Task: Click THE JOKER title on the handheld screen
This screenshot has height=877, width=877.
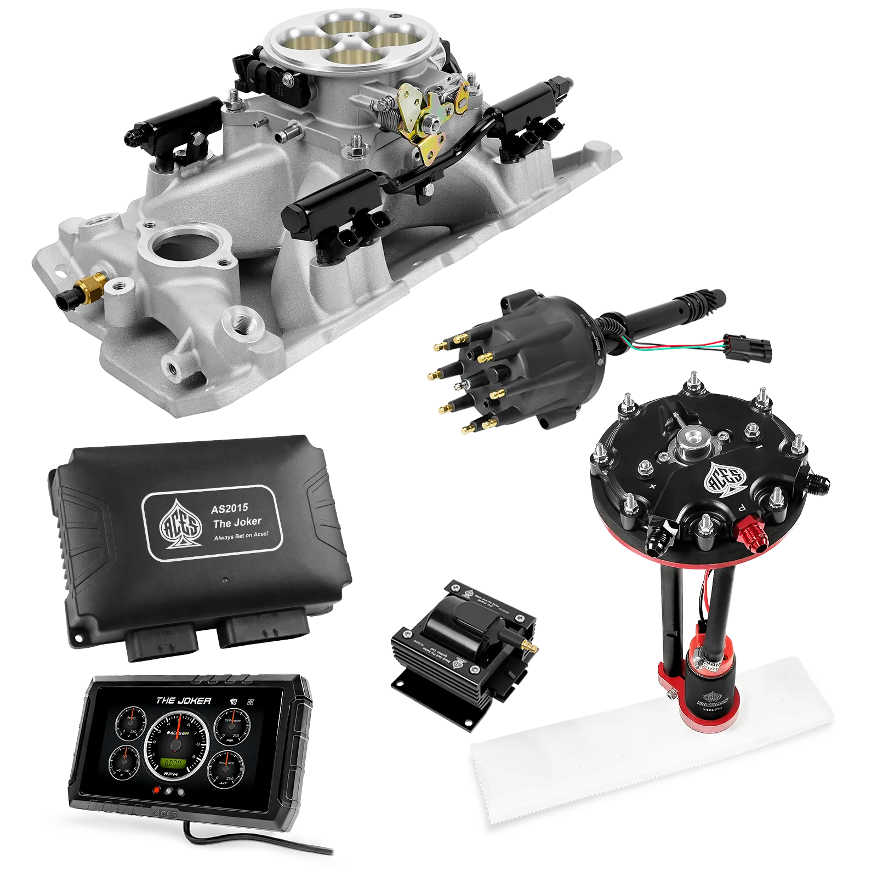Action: coord(183,701)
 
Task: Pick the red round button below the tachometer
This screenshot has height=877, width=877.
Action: coord(157,791)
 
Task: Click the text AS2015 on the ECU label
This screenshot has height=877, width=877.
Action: coord(229,509)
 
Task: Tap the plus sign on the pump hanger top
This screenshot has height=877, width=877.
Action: coord(653,486)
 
